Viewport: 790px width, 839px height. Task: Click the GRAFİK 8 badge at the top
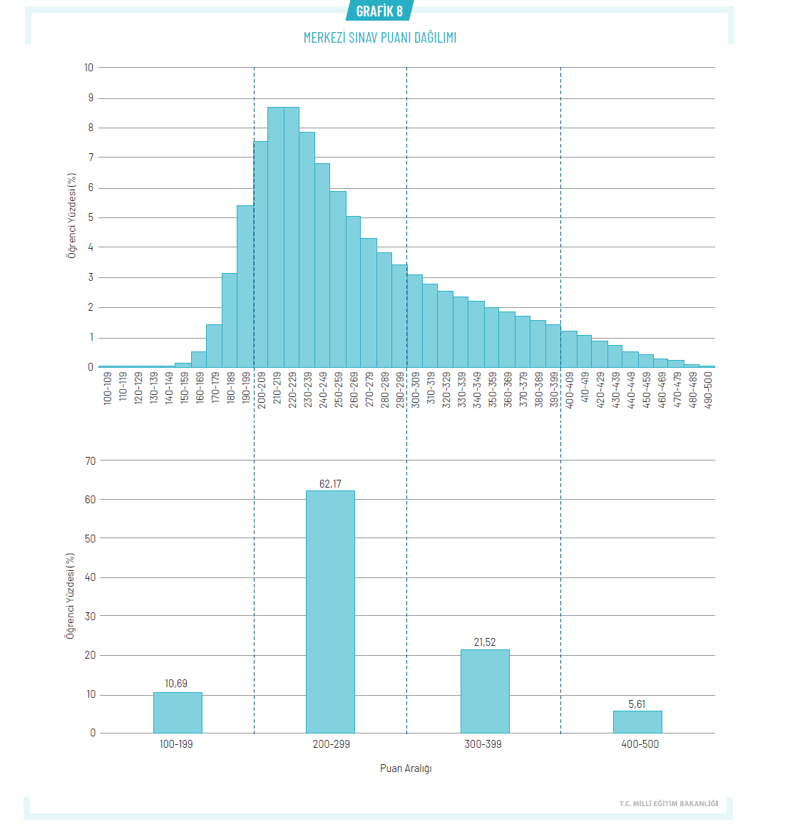point(379,11)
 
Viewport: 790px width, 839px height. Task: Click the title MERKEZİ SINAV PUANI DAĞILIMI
point(379,38)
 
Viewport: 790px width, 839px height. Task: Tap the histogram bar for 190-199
point(245,286)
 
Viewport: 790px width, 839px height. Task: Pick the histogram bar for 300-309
point(414,321)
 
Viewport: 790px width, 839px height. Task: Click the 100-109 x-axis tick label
point(108,388)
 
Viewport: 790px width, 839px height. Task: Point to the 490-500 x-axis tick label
point(708,388)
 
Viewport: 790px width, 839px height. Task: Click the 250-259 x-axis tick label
point(338,388)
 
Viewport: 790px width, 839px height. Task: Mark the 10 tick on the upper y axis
point(89,68)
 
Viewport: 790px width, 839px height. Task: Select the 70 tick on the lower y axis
point(91,460)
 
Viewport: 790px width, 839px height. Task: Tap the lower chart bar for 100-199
point(178,712)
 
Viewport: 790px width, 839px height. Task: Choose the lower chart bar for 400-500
point(637,721)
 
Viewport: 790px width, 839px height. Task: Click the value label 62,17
point(330,484)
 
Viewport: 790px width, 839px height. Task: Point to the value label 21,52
point(485,642)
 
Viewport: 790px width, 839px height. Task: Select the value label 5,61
point(637,704)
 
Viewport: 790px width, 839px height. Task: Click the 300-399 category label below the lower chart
point(483,744)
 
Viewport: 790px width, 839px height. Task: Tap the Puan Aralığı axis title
point(406,768)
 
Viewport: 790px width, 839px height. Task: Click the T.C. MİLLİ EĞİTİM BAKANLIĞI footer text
point(668,804)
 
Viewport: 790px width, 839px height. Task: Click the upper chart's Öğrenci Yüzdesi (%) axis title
point(72,215)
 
